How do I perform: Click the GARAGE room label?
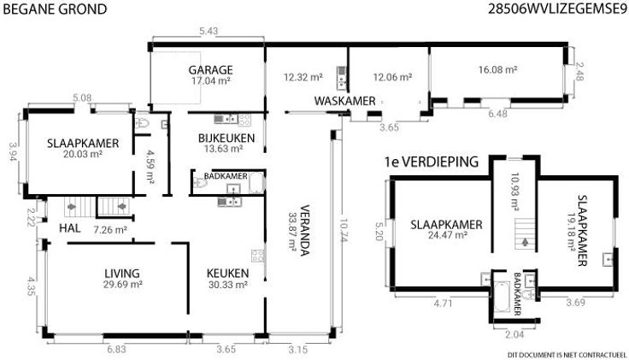point(210,70)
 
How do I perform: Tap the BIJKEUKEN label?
point(226,138)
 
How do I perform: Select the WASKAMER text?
point(344,101)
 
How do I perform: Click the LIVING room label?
point(122,274)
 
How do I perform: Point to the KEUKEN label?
point(227,274)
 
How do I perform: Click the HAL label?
point(70,228)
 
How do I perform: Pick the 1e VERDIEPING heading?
point(432,162)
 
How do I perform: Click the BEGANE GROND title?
point(55,9)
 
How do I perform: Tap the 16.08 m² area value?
point(497,69)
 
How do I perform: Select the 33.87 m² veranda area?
point(292,230)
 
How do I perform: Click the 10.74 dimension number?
point(342,230)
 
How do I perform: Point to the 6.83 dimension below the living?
point(116,349)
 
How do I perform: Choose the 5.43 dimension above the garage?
point(209,31)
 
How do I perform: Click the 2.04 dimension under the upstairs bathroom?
point(514,334)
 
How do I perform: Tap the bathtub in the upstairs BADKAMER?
point(502,297)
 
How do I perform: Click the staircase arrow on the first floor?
point(525,242)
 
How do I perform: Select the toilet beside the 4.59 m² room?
point(142,123)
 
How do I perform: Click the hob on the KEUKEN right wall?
point(257,256)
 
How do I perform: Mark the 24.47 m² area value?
point(447,235)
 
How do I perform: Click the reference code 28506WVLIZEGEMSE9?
point(557,9)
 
